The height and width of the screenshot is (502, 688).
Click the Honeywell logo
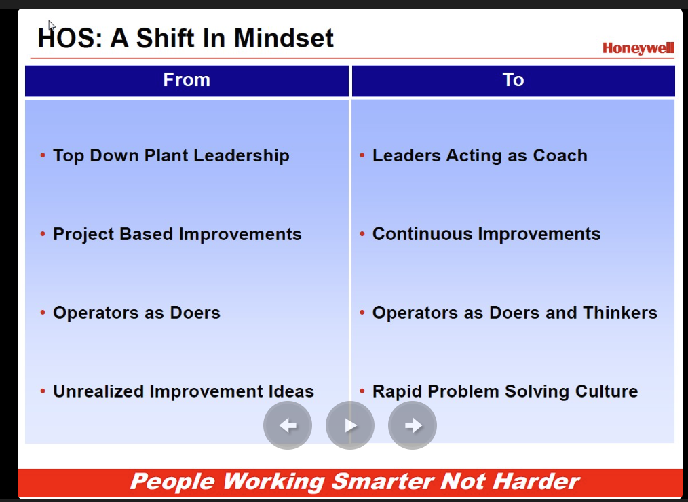pos(638,48)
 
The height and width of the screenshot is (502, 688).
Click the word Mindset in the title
pos(284,38)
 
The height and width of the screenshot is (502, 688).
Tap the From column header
pos(187,80)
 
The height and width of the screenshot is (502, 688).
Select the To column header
pos(514,80)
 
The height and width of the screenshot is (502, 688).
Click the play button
pos(349,425)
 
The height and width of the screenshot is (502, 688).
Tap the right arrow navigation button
pos(412,425)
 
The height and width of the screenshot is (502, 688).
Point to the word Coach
pos(560,155)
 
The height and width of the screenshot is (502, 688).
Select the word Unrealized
pos(98,391)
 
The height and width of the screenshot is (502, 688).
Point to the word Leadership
pos(242,156)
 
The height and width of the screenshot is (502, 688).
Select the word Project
pos(83,234)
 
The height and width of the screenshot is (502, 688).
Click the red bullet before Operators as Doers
pos(43,313)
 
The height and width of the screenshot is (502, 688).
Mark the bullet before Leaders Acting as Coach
pos(362,155)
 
